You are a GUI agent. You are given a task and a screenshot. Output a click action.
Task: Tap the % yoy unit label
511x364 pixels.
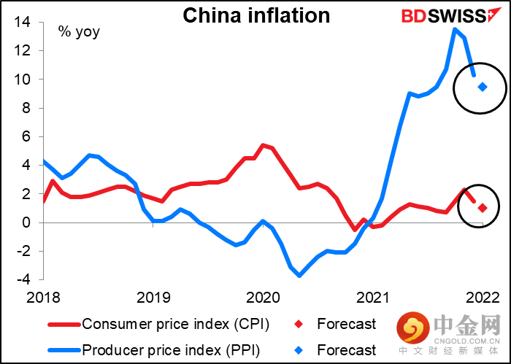click(x=80, y=31)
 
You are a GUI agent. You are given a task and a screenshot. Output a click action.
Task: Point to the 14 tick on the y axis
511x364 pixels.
click(x=20, y=23)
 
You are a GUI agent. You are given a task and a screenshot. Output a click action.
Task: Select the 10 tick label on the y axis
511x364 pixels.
click(x=20, y=80)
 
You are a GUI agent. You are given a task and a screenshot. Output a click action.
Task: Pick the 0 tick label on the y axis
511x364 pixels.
click(x=27, y=222)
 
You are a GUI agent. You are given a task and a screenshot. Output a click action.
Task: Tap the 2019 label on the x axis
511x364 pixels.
click(x=153, y=298)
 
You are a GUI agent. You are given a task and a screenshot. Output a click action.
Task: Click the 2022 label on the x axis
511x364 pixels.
click(x=482, y=298)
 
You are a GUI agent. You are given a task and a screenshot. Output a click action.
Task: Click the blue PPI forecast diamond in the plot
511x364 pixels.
click(x=483, y=87)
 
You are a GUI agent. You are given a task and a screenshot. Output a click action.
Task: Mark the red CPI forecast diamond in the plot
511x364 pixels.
click(x=483, y=208)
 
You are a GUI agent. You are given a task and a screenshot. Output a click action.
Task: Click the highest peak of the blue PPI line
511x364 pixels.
click(x=455, y=29)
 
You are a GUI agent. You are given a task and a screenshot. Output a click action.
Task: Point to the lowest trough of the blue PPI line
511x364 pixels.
click(x=299, y=275)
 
